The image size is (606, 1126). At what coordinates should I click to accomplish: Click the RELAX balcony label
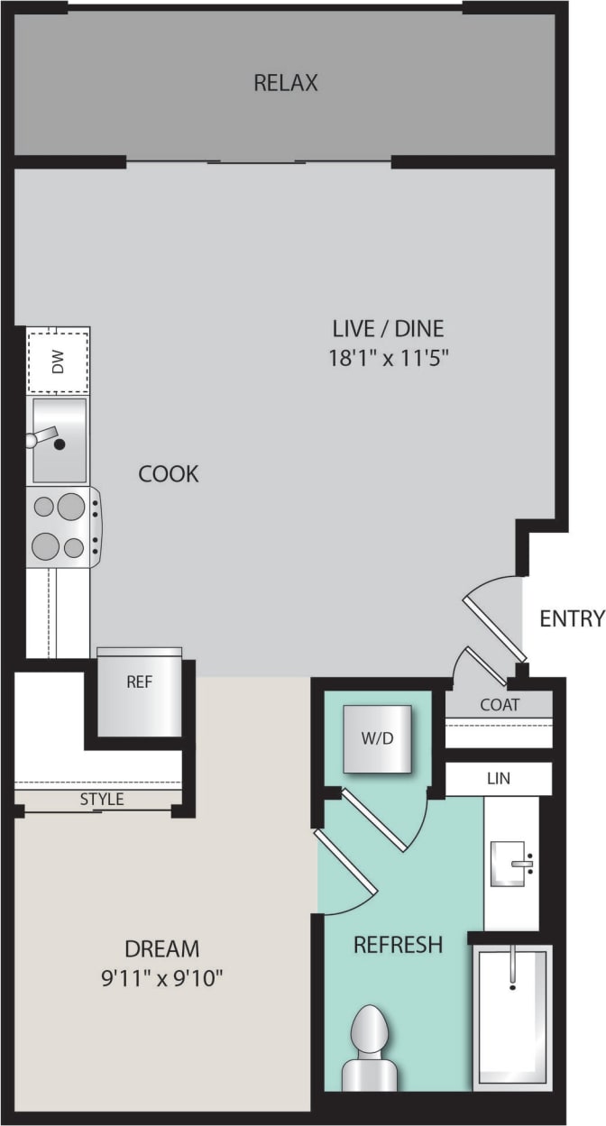tap(286, 84)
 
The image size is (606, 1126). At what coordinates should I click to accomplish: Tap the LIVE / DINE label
tap(388, 328)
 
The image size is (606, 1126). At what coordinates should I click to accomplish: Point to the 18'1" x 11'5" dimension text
tap(388, 357)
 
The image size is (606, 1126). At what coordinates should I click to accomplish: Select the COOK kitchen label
tap(169, 474)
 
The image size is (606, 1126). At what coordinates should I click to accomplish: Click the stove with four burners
tap(61, 526)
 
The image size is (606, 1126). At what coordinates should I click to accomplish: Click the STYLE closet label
tap(102, 800)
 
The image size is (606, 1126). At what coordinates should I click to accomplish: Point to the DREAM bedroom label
tap(162, 948)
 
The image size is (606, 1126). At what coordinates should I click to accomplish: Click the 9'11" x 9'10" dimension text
tap(162, 977)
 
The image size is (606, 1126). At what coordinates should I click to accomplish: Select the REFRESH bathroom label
tap(398, 945)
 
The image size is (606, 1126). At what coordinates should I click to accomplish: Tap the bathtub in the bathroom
tap(511, 1014)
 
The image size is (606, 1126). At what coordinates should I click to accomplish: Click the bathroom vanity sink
tap(511, 864)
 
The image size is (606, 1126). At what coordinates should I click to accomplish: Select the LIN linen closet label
tap(498, 778)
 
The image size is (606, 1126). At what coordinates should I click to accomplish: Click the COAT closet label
tap(500, 705)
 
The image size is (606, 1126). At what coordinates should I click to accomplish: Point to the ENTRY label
tap(572, 618)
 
